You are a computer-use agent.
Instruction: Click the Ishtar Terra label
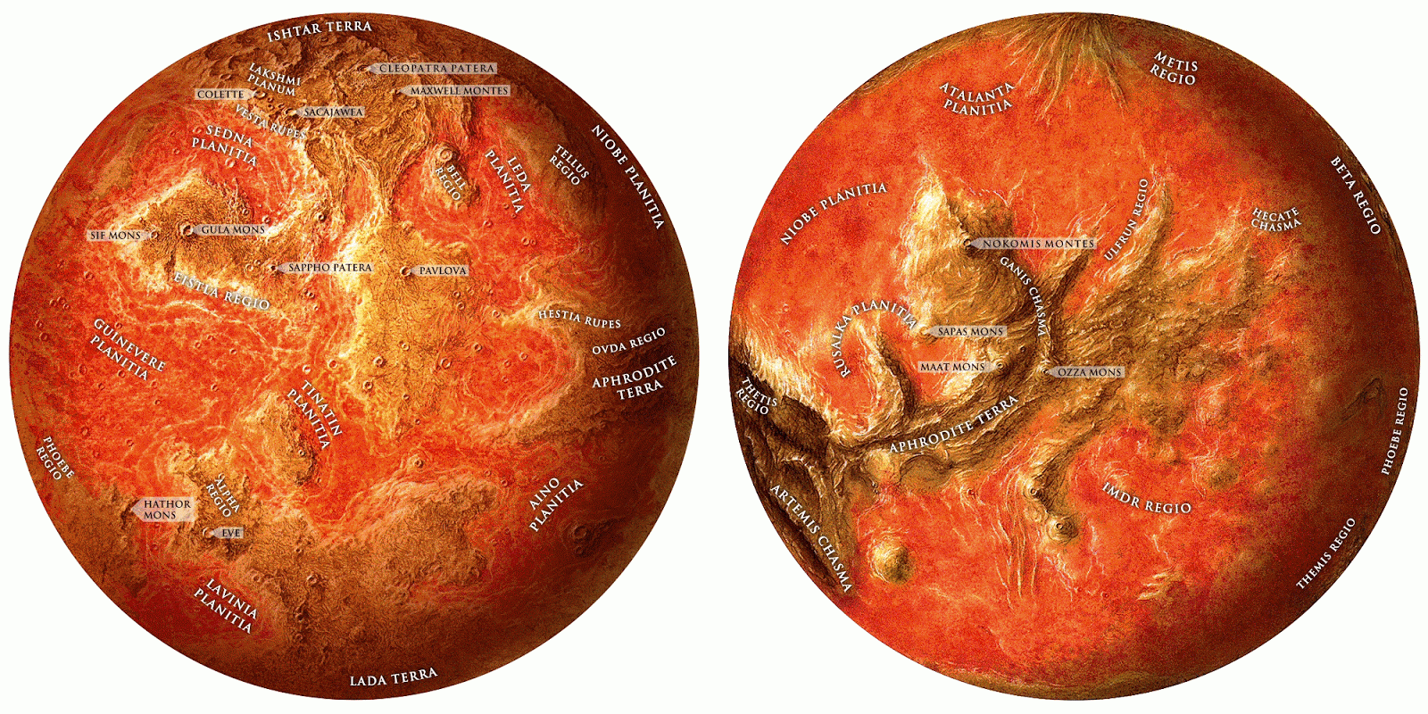coord(320,29)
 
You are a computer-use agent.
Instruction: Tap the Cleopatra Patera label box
coord(436,68)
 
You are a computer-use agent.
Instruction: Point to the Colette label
coord(220,94)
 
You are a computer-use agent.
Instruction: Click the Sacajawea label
coord(333,112)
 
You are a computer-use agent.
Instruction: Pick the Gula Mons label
coord(232,229)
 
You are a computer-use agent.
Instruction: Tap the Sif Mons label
coord(116,236)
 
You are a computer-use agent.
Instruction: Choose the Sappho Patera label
coord(329,267)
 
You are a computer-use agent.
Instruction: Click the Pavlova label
coord(443,270)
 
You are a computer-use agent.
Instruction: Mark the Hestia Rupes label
coord(578,318)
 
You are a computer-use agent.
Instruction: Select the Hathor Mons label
coord(167,510)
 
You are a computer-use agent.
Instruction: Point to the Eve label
coord(230,533)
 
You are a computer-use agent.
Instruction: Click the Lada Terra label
coord(394,677)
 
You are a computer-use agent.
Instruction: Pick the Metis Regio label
coord(1175,69)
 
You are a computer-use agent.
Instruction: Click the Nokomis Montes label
coord(1038,243)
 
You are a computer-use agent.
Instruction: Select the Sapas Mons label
coord(970,331)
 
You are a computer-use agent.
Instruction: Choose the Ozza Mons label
coord(1089,372)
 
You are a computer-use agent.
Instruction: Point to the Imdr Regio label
coord(1147,498)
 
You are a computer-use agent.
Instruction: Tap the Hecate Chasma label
coord(1275,220)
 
